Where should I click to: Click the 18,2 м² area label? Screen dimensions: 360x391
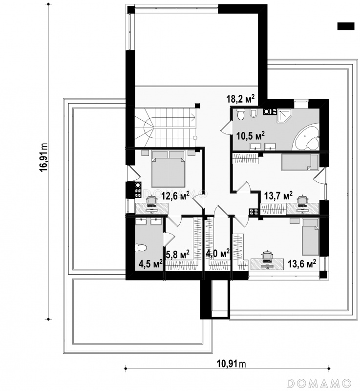pos(241,99)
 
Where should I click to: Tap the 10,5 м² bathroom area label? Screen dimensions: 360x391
pos(251,136)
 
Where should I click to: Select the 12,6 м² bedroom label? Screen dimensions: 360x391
pos(175,196)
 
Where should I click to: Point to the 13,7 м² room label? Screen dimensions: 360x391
pos(278,196)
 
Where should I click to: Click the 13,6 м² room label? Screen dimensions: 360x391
pos(302,263)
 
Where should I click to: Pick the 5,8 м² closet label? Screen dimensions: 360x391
pos(177,254)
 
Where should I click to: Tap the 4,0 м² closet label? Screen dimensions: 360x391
pos(217,254)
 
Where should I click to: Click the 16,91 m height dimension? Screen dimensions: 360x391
pos(43,157)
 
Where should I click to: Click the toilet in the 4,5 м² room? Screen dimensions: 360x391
pos(140,248)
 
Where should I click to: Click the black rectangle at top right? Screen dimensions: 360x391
pos(345,26)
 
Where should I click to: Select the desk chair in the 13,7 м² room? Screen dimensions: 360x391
pos(302,201)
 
